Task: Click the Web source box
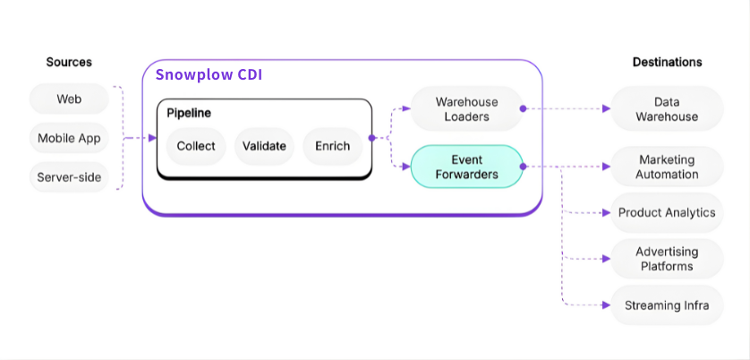click(x=69, y=99)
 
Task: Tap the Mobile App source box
click(x=69, y=138)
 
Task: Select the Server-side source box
click(x=69, y=177)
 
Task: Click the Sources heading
click(x=69, y=62)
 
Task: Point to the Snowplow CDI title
click(x=209, y=75)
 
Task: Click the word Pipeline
click(x=189, y=114)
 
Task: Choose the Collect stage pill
click(x=196, y=146)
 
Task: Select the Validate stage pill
click(x=264, y=146)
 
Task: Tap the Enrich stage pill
click(x=332, y=146)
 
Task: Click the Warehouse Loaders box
click(x=466, y=108)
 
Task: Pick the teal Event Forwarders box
click(x=466, y=167)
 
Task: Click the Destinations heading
click(x=668, y=62)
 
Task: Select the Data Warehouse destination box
click(x=667, y=108)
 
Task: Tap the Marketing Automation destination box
click(x=667, y=167)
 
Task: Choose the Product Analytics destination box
click(x=667, y=212)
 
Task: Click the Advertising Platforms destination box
click(x=667, y=259)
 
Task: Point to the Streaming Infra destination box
click(x=667, y=305)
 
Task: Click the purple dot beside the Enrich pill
click(x=371, y=138)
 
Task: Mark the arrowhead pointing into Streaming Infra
click(x=607, y=305)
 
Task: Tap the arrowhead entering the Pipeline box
click(x=152, y=138)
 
